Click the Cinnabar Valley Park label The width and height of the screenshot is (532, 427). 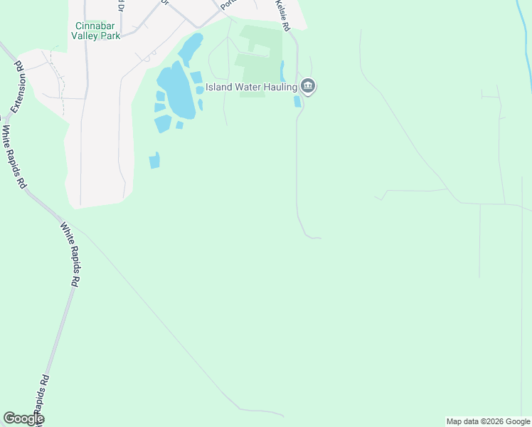[x=98, y=31]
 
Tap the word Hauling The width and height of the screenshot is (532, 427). [x=277, y=88]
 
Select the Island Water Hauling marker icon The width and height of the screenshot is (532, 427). [x=308, y=87]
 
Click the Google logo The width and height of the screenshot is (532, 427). [x=23, y=418]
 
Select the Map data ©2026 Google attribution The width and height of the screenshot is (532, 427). [x=488, y=421]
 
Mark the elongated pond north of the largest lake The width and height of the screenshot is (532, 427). [x=190, y=48]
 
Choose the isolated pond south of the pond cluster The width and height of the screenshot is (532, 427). [x=154, y=161]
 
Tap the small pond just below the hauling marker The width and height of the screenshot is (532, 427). [x=297, y=102]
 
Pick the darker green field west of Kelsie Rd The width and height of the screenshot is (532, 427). [x=260, y=71]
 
